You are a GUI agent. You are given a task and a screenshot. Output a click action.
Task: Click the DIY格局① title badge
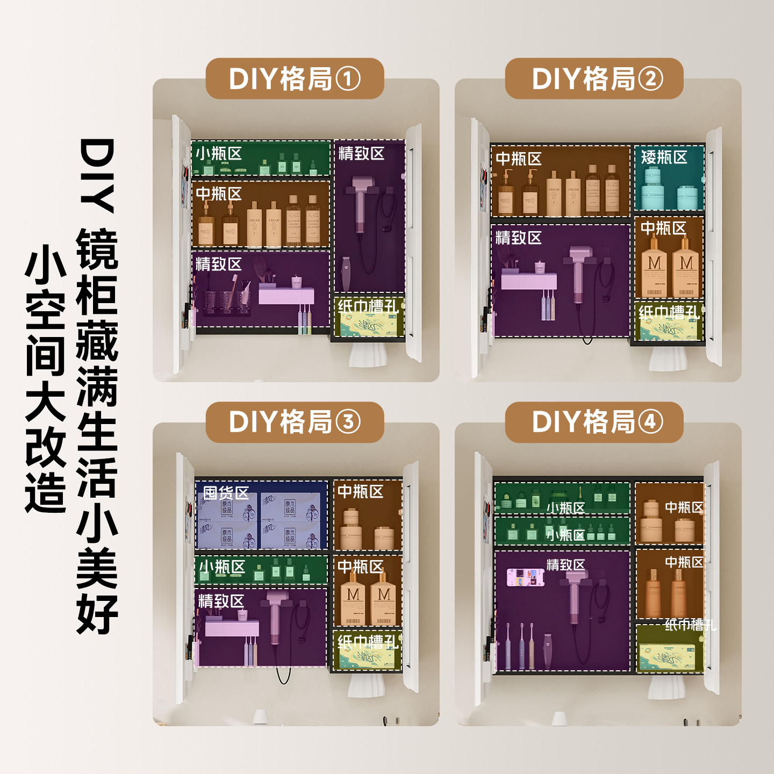click(295, 78)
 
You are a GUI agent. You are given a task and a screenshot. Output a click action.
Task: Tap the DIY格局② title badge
click(594, 78)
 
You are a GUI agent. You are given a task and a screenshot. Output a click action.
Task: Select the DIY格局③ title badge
click(295, 422)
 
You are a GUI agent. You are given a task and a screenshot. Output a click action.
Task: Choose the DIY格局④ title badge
click(594, 422)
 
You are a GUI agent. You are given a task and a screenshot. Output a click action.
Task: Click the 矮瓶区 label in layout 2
click(664, 157)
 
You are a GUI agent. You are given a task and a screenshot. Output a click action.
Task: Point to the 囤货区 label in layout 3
click(226, 493)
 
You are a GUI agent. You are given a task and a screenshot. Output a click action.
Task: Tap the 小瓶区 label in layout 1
click(218, 154)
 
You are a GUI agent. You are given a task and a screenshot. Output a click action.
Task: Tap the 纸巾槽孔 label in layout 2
click(669, 312)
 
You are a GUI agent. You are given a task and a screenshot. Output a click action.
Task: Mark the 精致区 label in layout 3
click(221, 601)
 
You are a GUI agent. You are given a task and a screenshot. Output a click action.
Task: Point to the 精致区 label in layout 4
click(565, 565)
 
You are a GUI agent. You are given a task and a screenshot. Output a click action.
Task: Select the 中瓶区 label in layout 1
click(218, 193)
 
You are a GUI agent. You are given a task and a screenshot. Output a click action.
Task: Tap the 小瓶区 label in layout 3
click(222, 567)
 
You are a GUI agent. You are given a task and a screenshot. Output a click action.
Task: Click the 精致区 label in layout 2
click(518, 238)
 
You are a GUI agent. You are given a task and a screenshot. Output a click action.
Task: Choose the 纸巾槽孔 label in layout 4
click(690, 625)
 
